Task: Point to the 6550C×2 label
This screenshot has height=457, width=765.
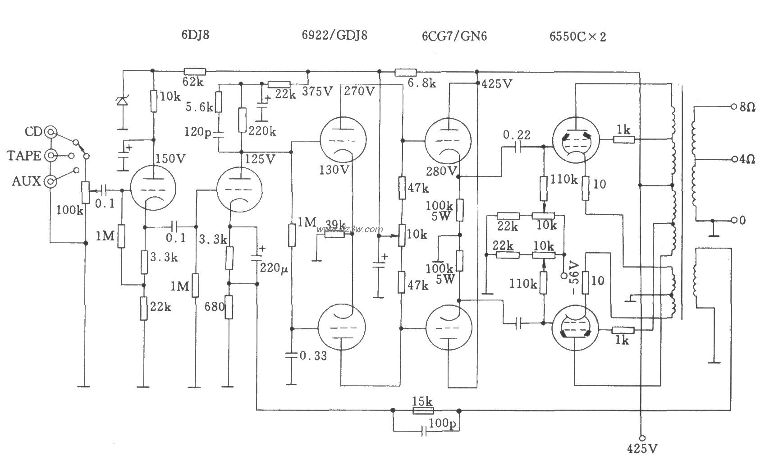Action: point(577,37)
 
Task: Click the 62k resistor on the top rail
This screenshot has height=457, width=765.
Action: point(195,71)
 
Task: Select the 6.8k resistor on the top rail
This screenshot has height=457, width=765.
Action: point(405,71)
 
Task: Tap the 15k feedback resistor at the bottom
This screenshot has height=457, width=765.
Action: point(423,410)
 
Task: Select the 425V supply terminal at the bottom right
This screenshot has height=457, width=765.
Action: point(642,438)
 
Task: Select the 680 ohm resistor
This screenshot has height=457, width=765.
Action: point(229,307)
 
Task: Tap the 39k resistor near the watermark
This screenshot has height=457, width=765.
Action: point(334,235)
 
